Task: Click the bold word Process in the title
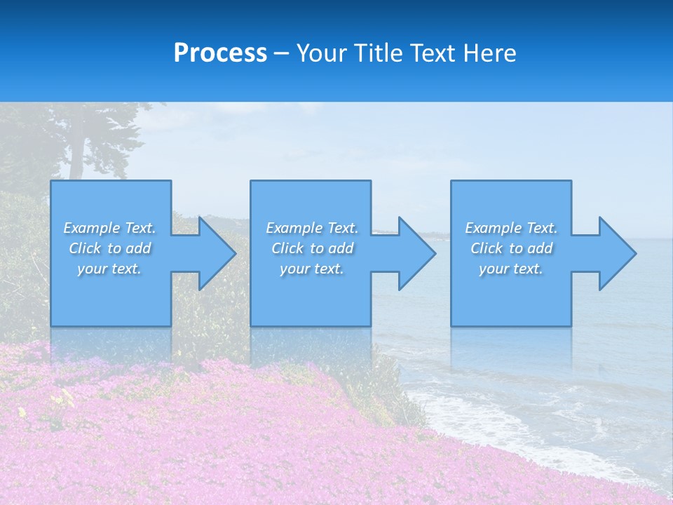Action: (220, 53)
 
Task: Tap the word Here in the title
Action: (490, 53)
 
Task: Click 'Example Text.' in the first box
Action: (109, 228)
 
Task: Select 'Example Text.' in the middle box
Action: (311, 228)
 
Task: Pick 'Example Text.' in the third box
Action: (510, 228)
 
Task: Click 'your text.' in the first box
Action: (109, 269)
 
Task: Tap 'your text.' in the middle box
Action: (311, 269)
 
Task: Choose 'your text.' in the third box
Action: (510, 269)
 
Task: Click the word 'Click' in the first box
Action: (85, 248)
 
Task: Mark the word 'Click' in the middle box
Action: (287, 248)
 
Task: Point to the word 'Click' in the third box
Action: (487, 248)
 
